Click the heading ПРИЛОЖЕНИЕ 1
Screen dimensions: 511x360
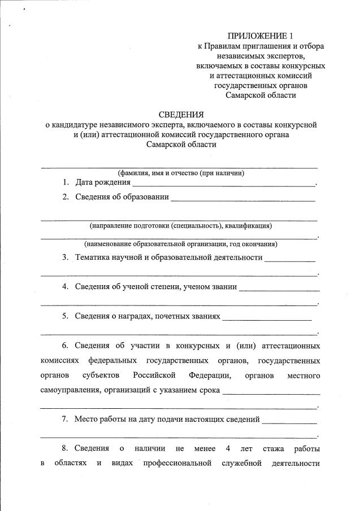point(261,36)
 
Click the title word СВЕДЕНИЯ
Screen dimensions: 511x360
point(180,114)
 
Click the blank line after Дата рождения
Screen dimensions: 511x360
point(224,184)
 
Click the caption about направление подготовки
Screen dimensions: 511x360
point(180,226)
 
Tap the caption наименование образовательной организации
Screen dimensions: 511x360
point(180,244)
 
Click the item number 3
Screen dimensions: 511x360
point(66,257)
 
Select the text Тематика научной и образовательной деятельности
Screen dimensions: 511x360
point(169,257)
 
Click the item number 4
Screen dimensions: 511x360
point(66,286)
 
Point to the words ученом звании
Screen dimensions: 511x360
point(210,286)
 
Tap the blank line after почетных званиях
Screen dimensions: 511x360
point(267,317)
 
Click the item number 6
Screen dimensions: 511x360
point(66,345)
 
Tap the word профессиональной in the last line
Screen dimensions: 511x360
point(177,464)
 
